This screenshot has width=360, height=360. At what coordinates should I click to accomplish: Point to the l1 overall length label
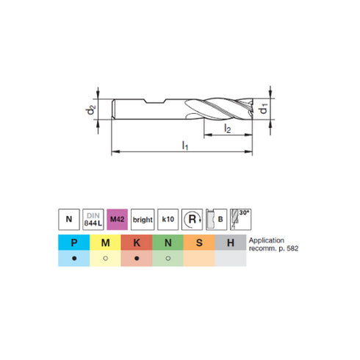pos(185,145)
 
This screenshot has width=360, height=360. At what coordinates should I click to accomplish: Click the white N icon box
pos(68,219)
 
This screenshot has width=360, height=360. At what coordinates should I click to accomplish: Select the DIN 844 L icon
pos(93,219)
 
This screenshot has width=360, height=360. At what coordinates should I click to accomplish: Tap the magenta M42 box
pos(118,219)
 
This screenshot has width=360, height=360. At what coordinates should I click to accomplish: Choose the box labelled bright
pos(143,219)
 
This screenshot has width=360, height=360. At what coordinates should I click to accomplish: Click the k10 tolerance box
pos(168,219)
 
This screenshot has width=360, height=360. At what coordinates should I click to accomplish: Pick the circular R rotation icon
pos(192,219)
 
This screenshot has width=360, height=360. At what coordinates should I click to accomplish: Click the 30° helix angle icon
pos(240,218)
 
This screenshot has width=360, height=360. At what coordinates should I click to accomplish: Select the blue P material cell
pos(74,242)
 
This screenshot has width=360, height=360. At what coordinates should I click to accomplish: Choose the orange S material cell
pos(198,242)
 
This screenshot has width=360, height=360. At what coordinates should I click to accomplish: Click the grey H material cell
pos(229,242)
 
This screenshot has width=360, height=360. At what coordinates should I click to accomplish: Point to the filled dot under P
pos(74,259)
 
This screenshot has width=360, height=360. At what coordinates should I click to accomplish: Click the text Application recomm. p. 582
pos(273,245)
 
